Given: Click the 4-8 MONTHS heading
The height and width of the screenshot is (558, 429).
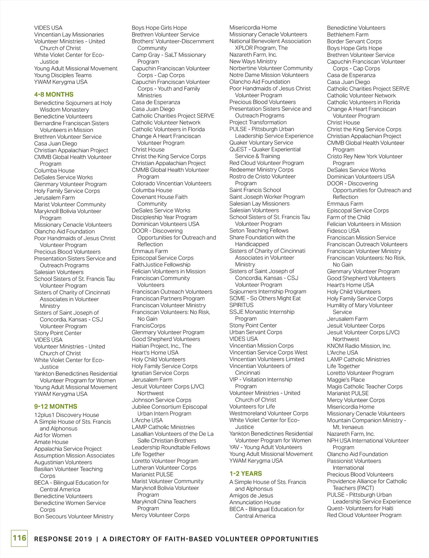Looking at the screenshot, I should (x=54, y=95).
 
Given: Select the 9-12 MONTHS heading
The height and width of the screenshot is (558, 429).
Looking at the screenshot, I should (x=55, y=407).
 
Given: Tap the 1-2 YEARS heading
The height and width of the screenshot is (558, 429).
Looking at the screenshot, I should (x=246, y=473).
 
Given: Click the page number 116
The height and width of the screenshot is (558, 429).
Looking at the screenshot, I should (x=19, y=538).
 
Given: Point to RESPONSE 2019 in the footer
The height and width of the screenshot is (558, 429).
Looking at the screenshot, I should (x=63, y=539).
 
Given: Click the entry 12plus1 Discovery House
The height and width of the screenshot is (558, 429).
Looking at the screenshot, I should (x=66, y=415).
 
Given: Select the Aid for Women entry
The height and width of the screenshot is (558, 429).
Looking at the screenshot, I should (x=53, y=435).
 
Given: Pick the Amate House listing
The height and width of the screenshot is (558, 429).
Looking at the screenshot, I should (x=51, y=442).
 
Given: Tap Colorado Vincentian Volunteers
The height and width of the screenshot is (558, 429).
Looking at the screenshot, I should (x=171, y=183).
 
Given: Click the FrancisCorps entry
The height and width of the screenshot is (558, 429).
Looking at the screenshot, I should (x=148, y=326).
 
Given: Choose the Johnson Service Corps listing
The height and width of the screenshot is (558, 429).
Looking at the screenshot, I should (x=161, y=400).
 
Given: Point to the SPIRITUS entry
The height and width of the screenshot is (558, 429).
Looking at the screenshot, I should (x=241, y=305).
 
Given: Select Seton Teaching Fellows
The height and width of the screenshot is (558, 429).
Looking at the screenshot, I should (x=259, y=231).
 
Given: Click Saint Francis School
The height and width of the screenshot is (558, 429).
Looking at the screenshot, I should (x=255, y=190).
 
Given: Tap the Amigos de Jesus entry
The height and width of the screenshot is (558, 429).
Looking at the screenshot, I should (x=251, y=496).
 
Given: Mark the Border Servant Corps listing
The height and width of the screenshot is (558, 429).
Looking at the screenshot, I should (x=354, y=41).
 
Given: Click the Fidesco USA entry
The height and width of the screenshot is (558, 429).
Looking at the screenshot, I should (x=343, y=231).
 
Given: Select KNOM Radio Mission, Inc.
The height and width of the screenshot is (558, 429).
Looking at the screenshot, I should (x=359, y=346).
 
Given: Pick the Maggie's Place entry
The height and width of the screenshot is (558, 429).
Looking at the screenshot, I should (x=346, y=380).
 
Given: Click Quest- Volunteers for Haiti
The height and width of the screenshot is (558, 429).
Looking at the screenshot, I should (x=360, y=508).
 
